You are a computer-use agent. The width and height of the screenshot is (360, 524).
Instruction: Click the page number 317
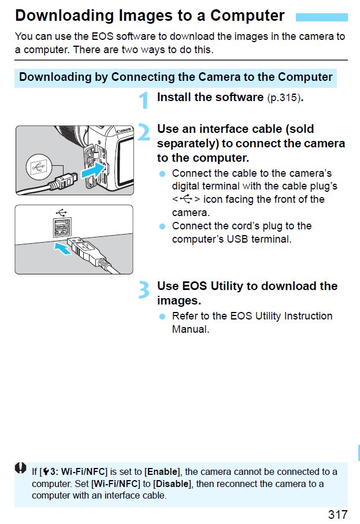(337, 514)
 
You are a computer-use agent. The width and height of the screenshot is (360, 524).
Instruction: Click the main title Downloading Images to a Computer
(150, 16)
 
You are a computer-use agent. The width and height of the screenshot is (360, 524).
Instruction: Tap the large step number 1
(144, 99)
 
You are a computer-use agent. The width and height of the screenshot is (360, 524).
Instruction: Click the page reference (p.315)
(284, 98)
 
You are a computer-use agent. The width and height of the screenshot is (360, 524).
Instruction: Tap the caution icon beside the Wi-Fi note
(21, 469)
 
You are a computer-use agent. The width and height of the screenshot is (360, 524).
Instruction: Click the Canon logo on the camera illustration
(124, 131)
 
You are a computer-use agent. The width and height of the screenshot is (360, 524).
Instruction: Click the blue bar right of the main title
(321, 17)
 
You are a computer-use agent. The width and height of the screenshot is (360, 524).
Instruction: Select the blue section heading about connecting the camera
(176, 77)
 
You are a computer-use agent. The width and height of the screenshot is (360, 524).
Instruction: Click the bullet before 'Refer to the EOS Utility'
(162, 317)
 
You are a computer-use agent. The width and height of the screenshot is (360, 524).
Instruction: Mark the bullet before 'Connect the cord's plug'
(162, 226)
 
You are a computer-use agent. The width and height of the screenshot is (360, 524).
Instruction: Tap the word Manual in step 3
(190, 329)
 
